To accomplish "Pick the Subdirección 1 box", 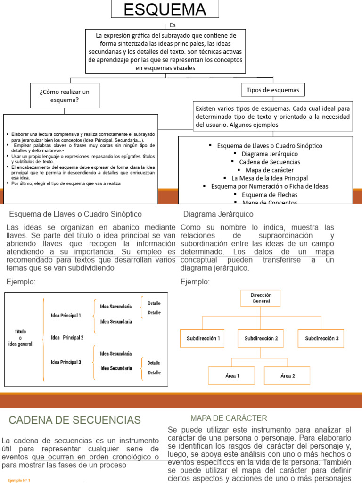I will [x=203, y=338].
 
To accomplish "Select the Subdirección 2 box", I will [x=261, y=338].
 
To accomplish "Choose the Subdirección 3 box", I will [x=321, y=338].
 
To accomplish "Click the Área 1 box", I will [x=232, y=376].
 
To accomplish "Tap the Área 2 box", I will [x=288, y=376].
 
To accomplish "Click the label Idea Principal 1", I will [x=66, y=315].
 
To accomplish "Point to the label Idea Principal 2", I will [x=67, y=337].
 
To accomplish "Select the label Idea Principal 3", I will [x=66, y=362].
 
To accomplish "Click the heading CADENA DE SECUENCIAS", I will [x=75, y=420].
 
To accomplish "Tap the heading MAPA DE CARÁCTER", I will [x=229, y=418].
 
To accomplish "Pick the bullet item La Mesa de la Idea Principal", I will [x=269, y=178].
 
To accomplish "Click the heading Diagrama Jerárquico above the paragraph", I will [x=212, y=214].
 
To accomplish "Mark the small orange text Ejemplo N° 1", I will [x=19, y=480].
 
